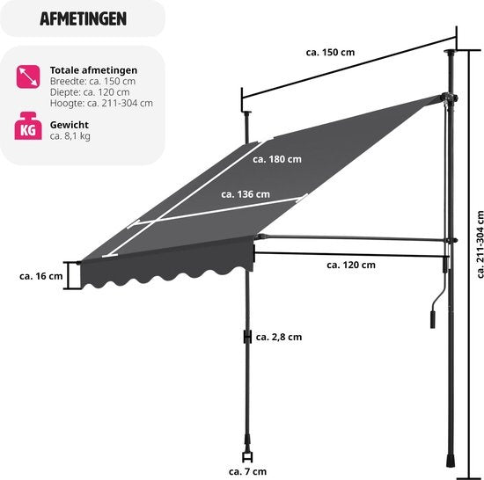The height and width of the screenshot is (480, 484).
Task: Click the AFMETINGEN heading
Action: coord(83,18)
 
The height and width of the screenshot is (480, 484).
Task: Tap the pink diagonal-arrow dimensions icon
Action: coord(28,76)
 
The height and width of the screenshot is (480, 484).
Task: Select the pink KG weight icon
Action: coord(28,126)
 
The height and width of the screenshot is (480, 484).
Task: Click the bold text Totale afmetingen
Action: coord(93,70)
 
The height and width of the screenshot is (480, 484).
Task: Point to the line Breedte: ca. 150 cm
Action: coord(92,81)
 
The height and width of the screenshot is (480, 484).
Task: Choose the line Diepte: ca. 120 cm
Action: coord(90,92)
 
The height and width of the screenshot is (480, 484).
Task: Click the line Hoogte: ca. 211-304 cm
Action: coord(101,103)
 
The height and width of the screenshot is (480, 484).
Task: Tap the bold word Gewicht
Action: coord(70,125)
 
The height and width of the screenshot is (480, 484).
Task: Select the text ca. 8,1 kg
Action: coord(70,136)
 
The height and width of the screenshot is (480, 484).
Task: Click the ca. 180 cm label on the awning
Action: coord(277,159)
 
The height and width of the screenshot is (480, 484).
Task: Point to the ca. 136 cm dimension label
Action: coord(246,194)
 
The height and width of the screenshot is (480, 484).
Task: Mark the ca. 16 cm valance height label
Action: coord(40,276)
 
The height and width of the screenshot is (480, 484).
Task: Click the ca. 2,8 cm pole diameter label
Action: coord(279,338)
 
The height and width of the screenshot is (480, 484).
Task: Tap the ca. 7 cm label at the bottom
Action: coord(247,471)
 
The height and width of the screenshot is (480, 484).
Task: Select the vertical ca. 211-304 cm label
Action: coord(480,244)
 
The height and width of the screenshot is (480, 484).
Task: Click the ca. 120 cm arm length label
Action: coord(351,265)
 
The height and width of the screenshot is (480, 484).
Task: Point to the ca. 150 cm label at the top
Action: coord(330,53)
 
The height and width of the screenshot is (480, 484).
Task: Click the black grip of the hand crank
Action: coord(432,320)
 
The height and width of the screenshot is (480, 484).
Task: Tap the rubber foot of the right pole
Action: coord(450,461)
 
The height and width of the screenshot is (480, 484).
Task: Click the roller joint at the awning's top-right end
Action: coord(449,98)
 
